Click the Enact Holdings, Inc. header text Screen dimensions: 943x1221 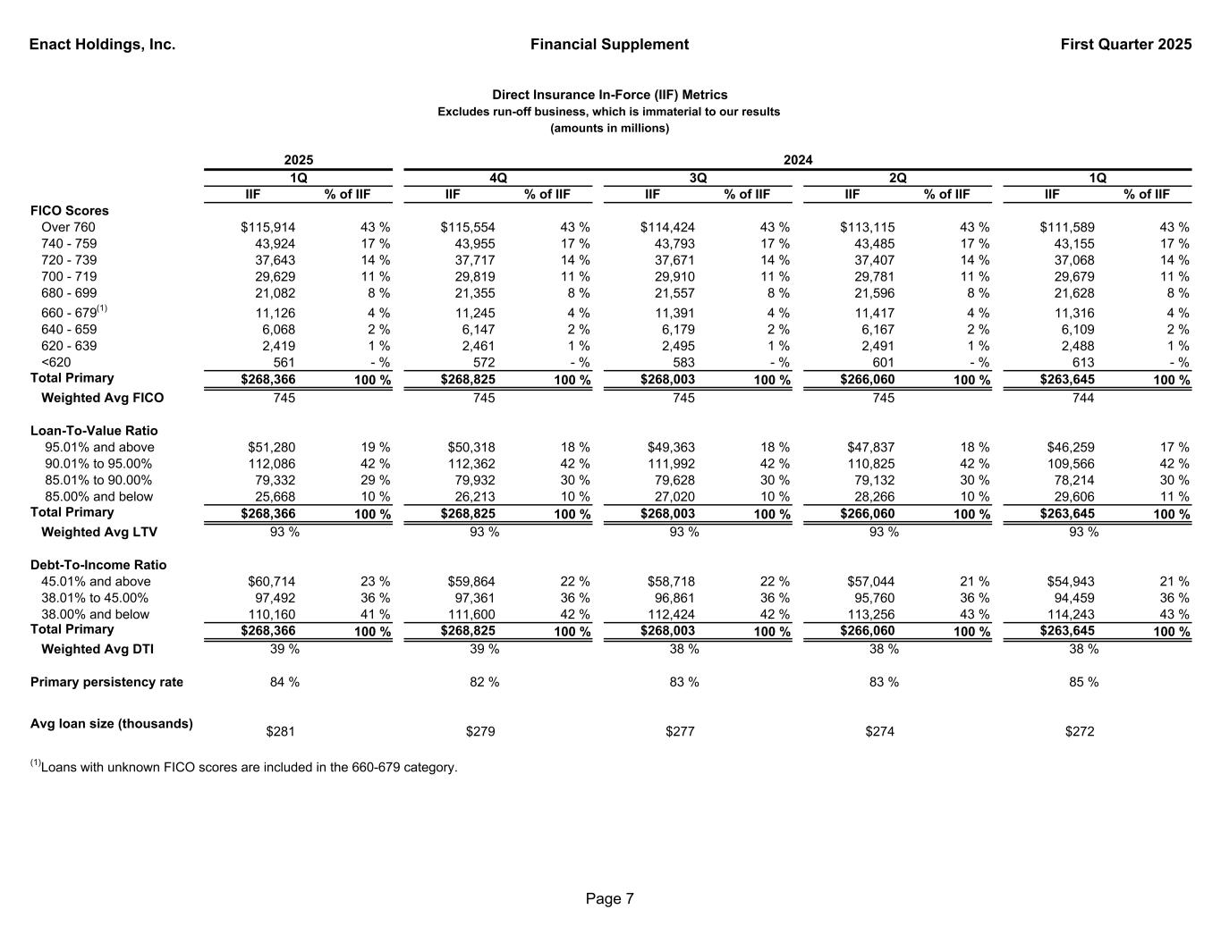coord(102,45)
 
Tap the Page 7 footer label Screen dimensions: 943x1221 coord(610,899)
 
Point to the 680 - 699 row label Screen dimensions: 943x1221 coord(69,293)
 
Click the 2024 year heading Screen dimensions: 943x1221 coord(798,160)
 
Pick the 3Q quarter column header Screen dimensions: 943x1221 coord(698,178)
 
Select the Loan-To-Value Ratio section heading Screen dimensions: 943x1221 coord(94,431)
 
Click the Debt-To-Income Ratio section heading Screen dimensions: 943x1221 coord(98,565)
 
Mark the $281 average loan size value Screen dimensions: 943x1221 coord(281,732)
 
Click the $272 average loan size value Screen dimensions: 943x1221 coord(1080,732)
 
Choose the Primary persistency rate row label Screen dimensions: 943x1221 coord(106,683)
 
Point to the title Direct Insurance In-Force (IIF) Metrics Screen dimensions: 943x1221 coord(610,95)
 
